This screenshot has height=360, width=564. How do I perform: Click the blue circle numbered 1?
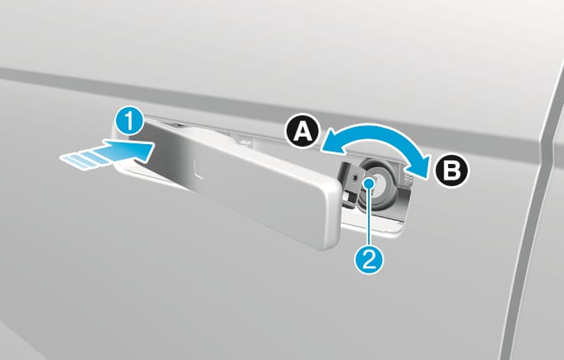tap(130, 123)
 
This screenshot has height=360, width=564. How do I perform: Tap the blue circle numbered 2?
tap(369, 259)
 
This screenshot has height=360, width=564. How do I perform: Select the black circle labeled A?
tap(302, 133)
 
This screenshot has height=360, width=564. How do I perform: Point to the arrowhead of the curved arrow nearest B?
tap(423, 166)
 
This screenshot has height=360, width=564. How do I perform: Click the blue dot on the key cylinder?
tap(370, 183)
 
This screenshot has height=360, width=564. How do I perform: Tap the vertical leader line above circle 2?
tap(370, 217)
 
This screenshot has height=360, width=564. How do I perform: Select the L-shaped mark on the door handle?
tap(197, 171)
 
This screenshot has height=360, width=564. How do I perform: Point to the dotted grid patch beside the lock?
tap(408, 175)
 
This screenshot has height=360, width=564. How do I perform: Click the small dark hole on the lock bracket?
tap(356, 177)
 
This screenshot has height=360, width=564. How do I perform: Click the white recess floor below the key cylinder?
tap(374, 222)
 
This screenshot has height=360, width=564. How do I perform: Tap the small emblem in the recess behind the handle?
tap(245, 143)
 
